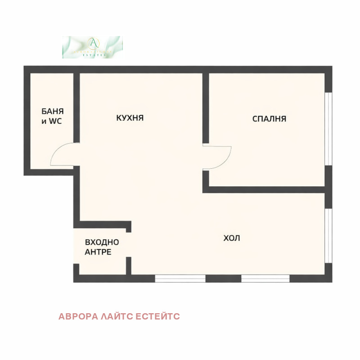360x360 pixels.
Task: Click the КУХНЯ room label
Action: point(130,118)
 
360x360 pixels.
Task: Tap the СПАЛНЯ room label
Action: point(269,119)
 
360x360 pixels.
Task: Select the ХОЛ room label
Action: point(232,238)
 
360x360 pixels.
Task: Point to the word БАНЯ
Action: point(53,111)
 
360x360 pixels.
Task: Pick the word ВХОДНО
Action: point(102,243)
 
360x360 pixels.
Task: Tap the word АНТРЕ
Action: point(98,252)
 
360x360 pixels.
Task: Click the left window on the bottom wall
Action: point(180,279)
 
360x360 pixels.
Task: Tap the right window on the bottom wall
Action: point(265,279)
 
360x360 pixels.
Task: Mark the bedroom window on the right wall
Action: point(328,129)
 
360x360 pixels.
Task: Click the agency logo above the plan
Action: point(93,47)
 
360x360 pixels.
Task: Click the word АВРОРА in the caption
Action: point(77,317)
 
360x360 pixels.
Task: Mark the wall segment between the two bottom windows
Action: point(223,279)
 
